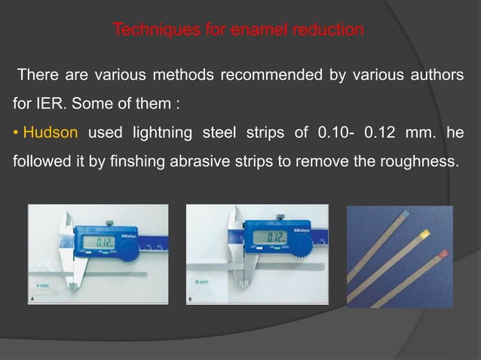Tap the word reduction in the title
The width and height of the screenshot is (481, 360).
tap(331, 31)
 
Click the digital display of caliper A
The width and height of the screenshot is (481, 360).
tap(97, 241)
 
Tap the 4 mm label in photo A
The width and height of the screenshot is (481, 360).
tap(43, 285)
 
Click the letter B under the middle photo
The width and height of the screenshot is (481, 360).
tap(190, 300)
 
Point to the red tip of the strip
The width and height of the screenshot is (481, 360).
tap(443, 254)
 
